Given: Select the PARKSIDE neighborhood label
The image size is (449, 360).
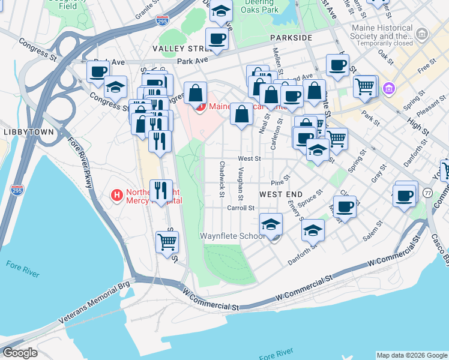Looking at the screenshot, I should pos(291,37).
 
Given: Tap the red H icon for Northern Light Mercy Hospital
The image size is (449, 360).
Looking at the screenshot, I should pos(118,196).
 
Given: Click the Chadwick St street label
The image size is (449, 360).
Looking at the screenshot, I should pos(221,179).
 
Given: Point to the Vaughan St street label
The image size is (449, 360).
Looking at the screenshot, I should pos(240,184).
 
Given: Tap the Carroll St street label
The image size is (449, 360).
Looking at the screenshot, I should pos(241,208).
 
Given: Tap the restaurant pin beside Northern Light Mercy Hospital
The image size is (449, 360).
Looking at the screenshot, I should pos(160,191).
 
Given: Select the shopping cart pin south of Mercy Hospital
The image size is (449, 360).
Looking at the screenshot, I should pos(167,242).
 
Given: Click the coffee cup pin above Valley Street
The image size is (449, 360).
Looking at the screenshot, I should pos(217,39).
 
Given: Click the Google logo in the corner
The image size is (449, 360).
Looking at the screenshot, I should pos(19,353).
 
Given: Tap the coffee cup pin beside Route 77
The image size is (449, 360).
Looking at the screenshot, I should pos(405,194).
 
